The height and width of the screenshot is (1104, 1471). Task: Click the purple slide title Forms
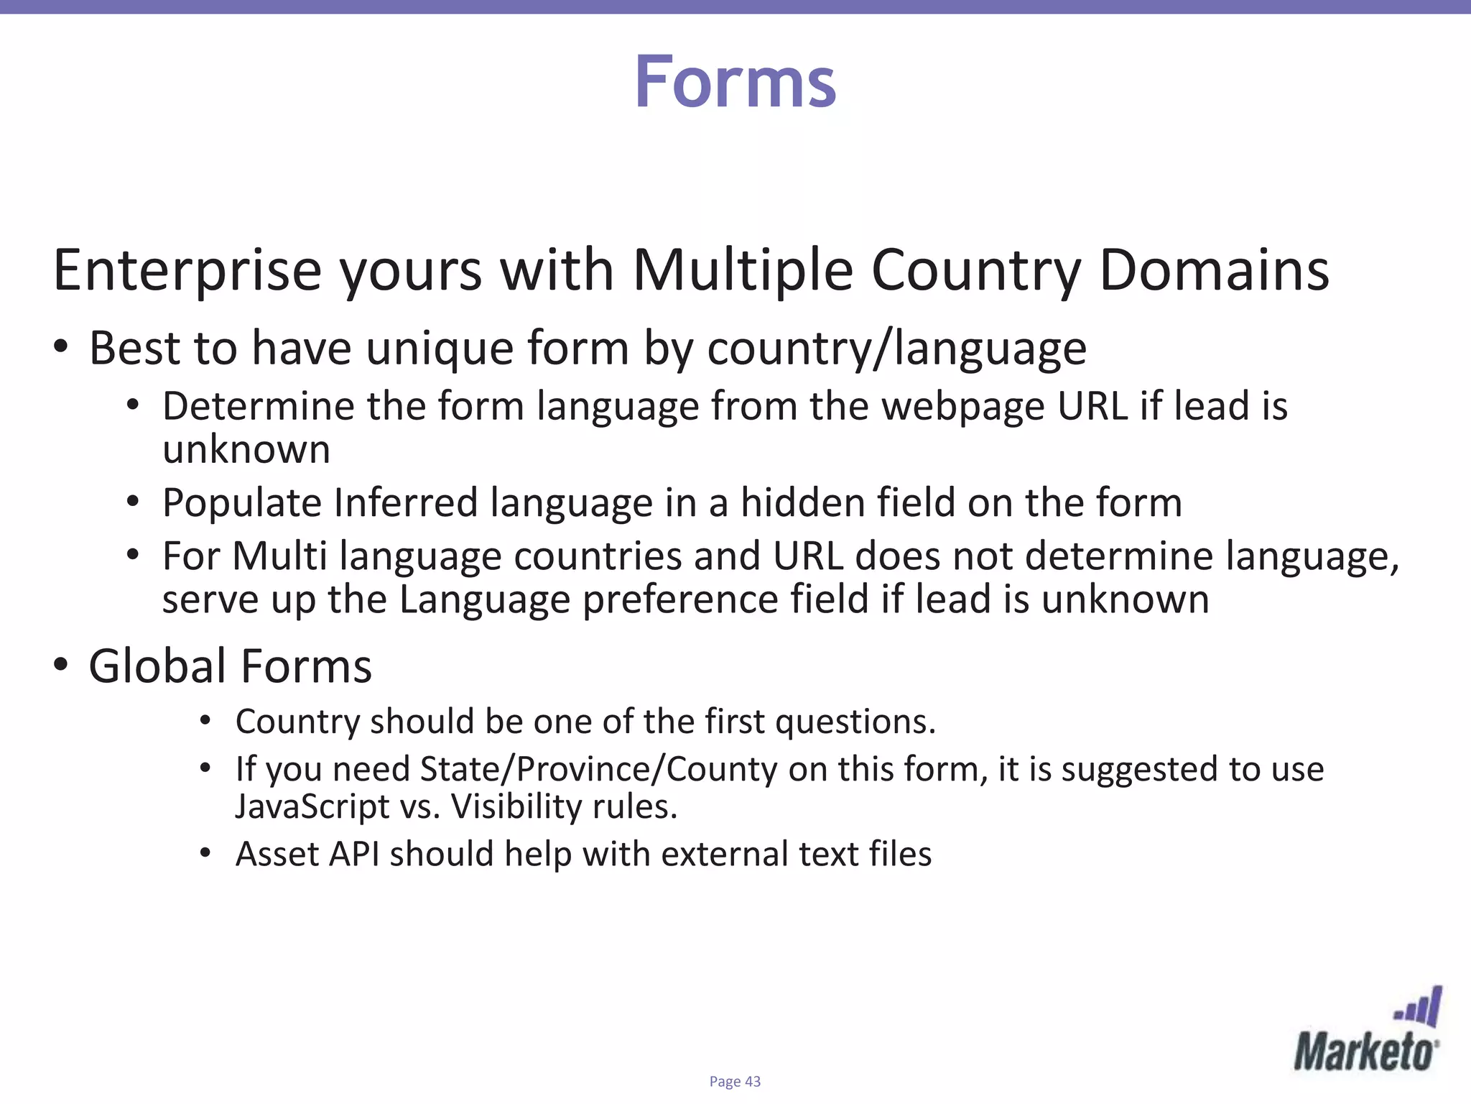(x=735, y=83)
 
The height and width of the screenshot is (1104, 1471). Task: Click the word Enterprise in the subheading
(x=187, y=272)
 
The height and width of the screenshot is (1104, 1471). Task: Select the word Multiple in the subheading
(x=743, y=270)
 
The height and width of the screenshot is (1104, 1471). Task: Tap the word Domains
(x=1214, y=270)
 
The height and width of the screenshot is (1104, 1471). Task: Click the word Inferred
(x=406, y=502)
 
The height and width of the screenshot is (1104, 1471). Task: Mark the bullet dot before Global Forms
(x=61, y=664)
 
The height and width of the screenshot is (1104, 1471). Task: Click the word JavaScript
(x=312, y=806)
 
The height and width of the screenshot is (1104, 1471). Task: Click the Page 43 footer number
(x=735, y=1081)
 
